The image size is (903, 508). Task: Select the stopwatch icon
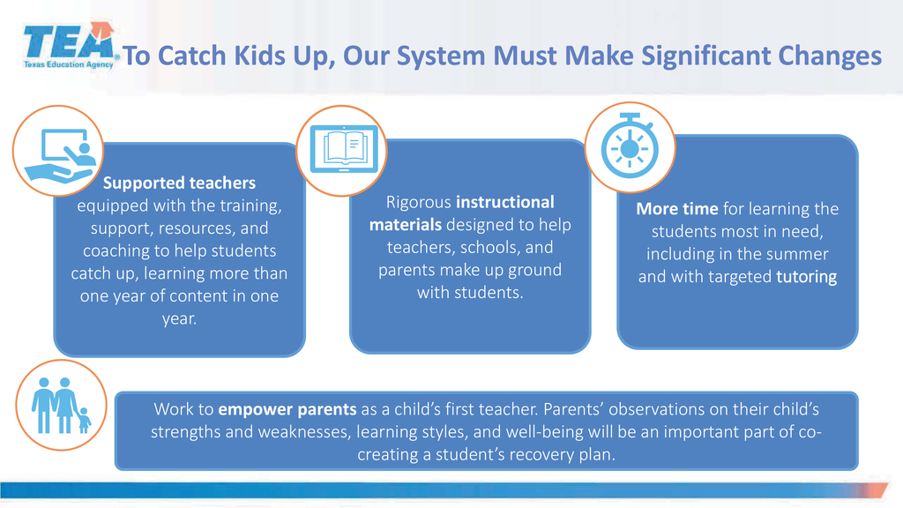pos(630,146)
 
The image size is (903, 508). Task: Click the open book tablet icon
pos(344,149)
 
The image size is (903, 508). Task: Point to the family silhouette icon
pos(61,405)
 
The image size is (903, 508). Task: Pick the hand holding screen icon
pos(61,155)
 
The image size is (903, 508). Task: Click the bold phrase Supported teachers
pos(179,183)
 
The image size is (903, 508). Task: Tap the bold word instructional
pos(505,202)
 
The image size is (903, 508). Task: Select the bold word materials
pos(406,225)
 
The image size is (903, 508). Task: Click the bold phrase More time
pos(677,208)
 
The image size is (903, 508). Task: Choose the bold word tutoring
pos(806,277)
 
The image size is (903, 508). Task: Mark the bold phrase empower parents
pos(287,409)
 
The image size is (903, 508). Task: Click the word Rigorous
pos(419,203)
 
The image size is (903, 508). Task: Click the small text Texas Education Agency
pos(69,64)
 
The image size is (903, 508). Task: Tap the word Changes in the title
pos(830,56)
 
